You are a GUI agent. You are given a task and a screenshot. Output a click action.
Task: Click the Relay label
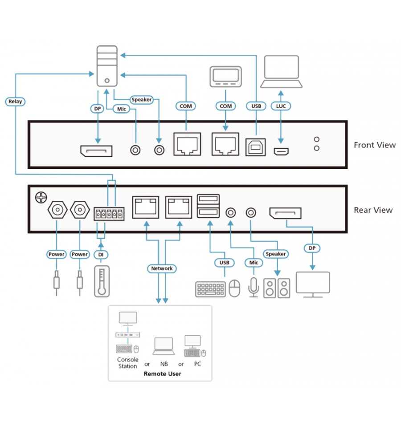click(x=15, y=102)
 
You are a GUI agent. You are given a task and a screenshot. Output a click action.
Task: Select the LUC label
click(x=281, y=106)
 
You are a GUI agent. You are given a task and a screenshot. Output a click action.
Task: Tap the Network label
click(x=162, y=268)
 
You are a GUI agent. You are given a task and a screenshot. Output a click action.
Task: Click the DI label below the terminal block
click(x=101, y=255)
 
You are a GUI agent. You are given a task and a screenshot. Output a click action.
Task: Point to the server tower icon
click(x=107, y=66)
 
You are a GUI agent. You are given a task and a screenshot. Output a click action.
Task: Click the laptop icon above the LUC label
click(x=282, y=72)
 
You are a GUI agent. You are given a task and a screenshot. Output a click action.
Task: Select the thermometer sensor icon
click(x=102, y=281)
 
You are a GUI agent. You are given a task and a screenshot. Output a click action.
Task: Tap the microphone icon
click(x=254, y=287)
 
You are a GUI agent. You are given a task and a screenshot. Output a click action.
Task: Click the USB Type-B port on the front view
click(x=256, y=147)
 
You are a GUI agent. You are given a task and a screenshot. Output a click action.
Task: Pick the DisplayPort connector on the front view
click(x=96, y=151)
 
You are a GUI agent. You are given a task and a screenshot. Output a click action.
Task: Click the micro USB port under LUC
click(x=281, y=151)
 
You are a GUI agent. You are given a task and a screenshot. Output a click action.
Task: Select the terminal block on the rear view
click(x=109, y=214)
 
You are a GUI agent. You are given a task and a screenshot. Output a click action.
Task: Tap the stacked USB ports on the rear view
click(x=208, y=206)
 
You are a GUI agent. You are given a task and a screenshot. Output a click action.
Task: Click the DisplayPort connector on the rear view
click(x=285, y=213)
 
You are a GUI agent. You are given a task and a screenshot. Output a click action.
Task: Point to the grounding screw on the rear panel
click(x=41, y=197)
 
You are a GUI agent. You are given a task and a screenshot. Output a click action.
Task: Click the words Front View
click(x=375, y=145)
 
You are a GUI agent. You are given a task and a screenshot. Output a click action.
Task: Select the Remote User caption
click(x=162, y=374)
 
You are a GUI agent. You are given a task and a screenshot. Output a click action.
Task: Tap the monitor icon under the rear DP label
click(x=313, y=285)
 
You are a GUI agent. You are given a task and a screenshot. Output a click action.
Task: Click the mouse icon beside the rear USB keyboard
click(x=234, y=288)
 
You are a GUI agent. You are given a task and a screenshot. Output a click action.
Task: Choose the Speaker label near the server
click(x=141, y=100)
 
